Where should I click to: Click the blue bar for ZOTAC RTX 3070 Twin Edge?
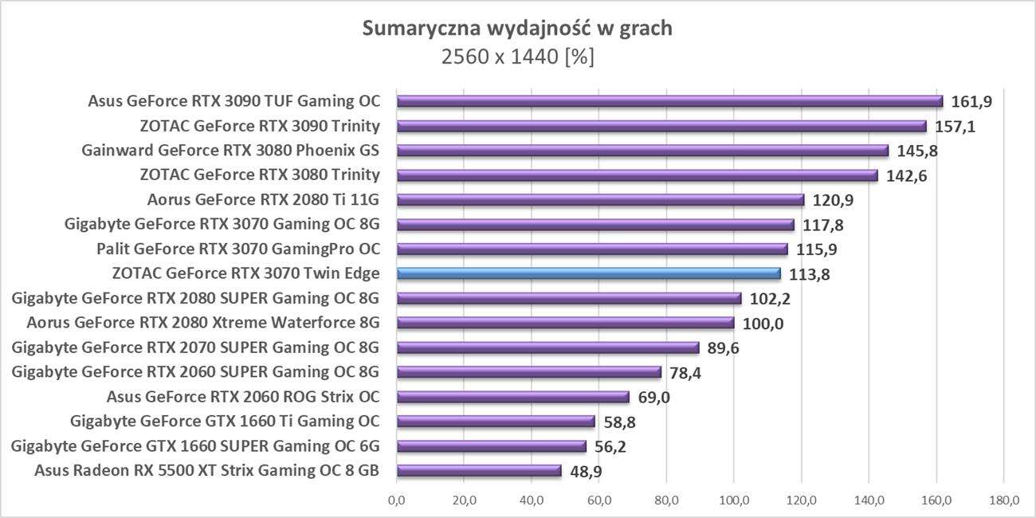pyautogui.click(x=588, y=273)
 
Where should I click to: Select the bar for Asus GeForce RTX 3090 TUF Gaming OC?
pyautogui.click(x=669, y=101)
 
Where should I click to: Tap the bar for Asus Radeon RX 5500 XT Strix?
pyautogui.click(x=479, y=470)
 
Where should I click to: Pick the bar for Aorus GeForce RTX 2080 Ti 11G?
pyautogui.click(x=600, y=199)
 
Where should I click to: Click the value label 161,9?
pyautogui.click(x=971, y=101)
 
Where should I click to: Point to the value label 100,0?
pyautogui.click(x=762, y=323)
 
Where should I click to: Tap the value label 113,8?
pyautogui.click(x=808, y=274)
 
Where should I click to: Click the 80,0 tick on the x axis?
pyautogui.click(x=666, y=501)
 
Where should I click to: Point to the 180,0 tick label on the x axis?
pyautogui.click(x=1003, y=501)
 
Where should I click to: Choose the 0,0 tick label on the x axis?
pyautogui.click(x=396, y=501)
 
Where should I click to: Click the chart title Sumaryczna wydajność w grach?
pyautogui.click(x=517, y=29)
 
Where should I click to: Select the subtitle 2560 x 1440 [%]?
pyautogui.click(x=517, y=57)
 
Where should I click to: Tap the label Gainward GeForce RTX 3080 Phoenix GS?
pyautogui.click(x=230, y=151)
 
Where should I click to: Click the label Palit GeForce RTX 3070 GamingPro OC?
pyautogui.click(x=237, y=249)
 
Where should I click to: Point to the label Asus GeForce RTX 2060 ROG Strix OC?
pyautogui.click(x=243, y=397)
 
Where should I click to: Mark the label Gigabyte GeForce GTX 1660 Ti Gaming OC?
pyautogui.click(x=225, y=422)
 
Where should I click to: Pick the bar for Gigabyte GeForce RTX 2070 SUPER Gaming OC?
pyautogui.click(x=547, y=347)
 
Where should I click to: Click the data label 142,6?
pyautogui.click(x=906, y=175)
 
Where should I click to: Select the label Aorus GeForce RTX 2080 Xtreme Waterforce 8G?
pyautogui.click(x=202, y=323)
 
